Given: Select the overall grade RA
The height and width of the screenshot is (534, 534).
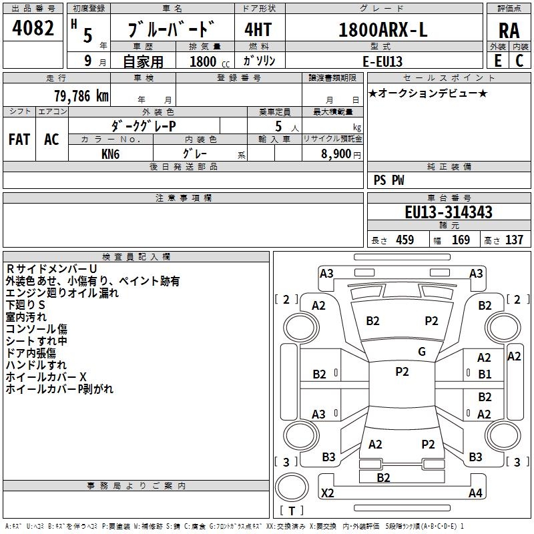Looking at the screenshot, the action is point(509,31).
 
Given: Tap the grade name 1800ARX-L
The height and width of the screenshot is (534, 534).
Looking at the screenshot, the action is point(382,31).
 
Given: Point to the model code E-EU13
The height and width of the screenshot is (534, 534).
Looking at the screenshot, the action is point(382,61).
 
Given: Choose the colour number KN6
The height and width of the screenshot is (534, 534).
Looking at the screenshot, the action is point(110,153).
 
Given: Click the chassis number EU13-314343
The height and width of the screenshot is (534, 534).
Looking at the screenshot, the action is point(449,212).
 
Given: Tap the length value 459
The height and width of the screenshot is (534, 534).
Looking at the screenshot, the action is point(405,240).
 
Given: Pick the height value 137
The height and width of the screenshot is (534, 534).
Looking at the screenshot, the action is point(514,240).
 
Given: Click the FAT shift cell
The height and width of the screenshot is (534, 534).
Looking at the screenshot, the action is point(19,140).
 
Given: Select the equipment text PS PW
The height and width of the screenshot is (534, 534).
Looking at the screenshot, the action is point(388,180).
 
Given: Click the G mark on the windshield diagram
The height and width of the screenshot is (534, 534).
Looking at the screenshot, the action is point(421,352).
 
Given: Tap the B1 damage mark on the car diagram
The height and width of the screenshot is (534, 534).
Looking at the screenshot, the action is point(484,374).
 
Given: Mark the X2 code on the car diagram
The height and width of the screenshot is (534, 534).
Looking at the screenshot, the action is point(327,493).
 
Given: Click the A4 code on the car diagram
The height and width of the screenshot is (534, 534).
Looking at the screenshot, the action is point(475,493).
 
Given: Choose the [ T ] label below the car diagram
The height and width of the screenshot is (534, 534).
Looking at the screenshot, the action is point(292,511).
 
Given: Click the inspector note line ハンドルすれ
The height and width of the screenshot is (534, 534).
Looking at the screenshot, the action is point(36,365).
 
